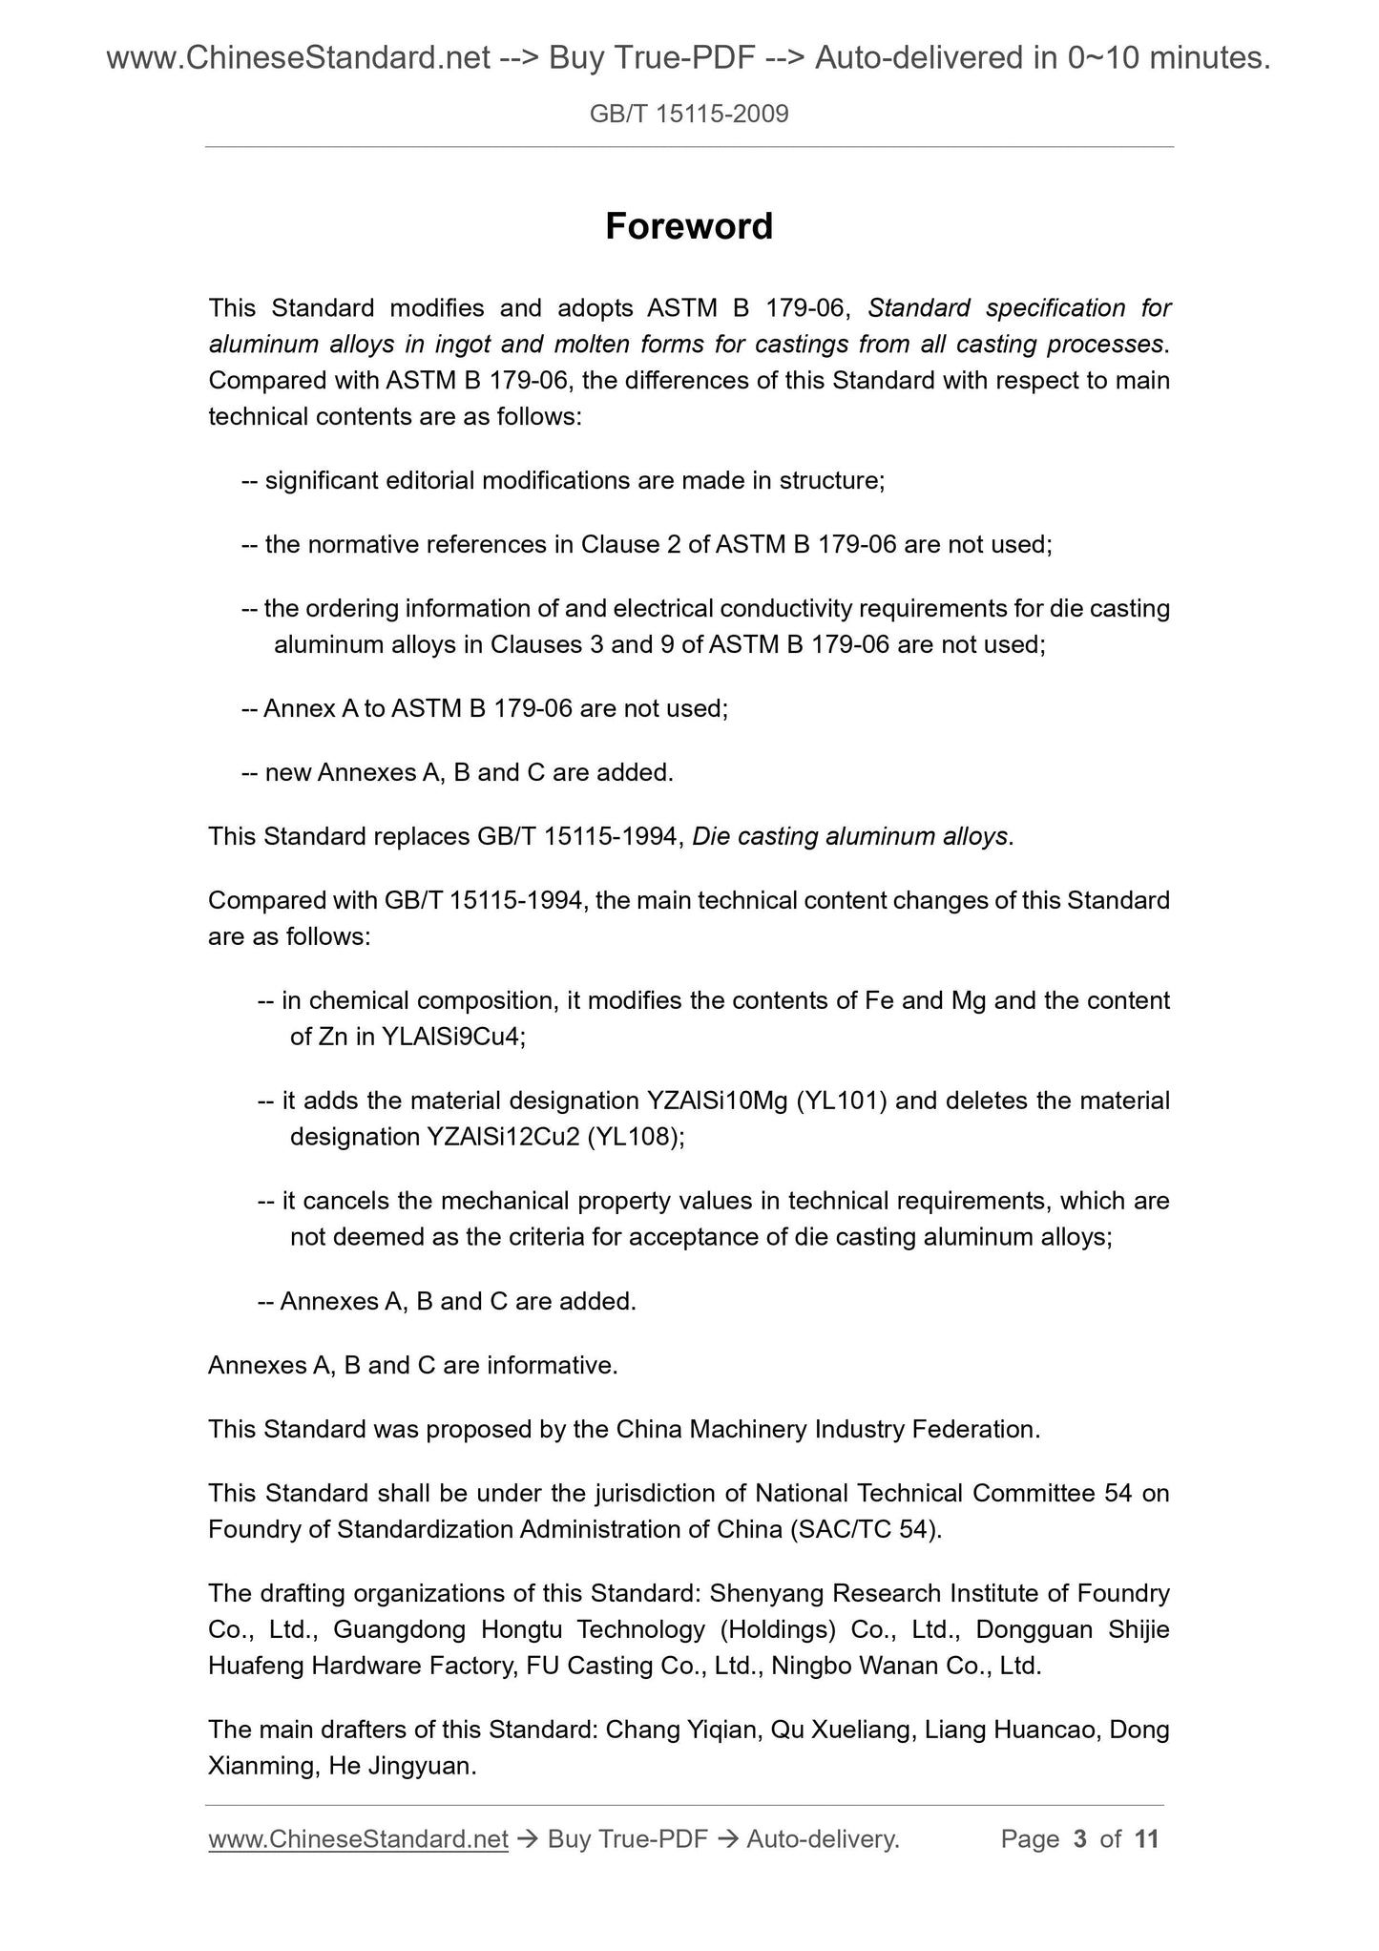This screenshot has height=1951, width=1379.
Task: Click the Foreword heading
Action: tap(689, 227)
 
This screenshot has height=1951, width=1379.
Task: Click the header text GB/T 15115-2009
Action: tap(689, 115)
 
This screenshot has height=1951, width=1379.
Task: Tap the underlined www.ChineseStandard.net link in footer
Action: tap(358, 1839)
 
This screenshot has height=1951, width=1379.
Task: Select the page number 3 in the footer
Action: tap(1080, 1839)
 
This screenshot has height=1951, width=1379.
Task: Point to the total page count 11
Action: tap(1146, 1839)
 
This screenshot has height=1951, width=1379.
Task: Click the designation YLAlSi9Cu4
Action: tap(451, 1038)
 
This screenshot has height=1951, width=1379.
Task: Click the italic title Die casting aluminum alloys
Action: tap(849, 837)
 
